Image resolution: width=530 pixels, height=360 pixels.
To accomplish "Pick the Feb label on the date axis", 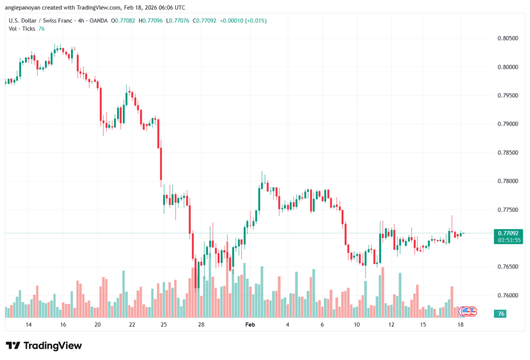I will pyautogui.click(x=250, y=325).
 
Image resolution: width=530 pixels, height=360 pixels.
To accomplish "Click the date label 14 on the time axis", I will pyautogui.click(x=28, y=325).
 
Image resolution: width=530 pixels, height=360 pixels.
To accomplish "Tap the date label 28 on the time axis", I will pyautogui.click(x=201, y=325).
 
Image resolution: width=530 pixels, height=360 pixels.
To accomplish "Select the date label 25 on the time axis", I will pyautogui.click(x=164, y=325).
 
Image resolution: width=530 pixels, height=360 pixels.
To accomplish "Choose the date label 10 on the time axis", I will pyautogui.click(x=357, y=325).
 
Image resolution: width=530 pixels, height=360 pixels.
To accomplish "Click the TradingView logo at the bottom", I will pyautogui.click(x=43, y=346).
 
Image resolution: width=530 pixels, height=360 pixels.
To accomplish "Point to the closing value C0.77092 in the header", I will pyautogui.click(x=204, y=21).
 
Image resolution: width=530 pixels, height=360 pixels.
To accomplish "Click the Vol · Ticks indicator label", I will pyautogui.click(x=22, y=29).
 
